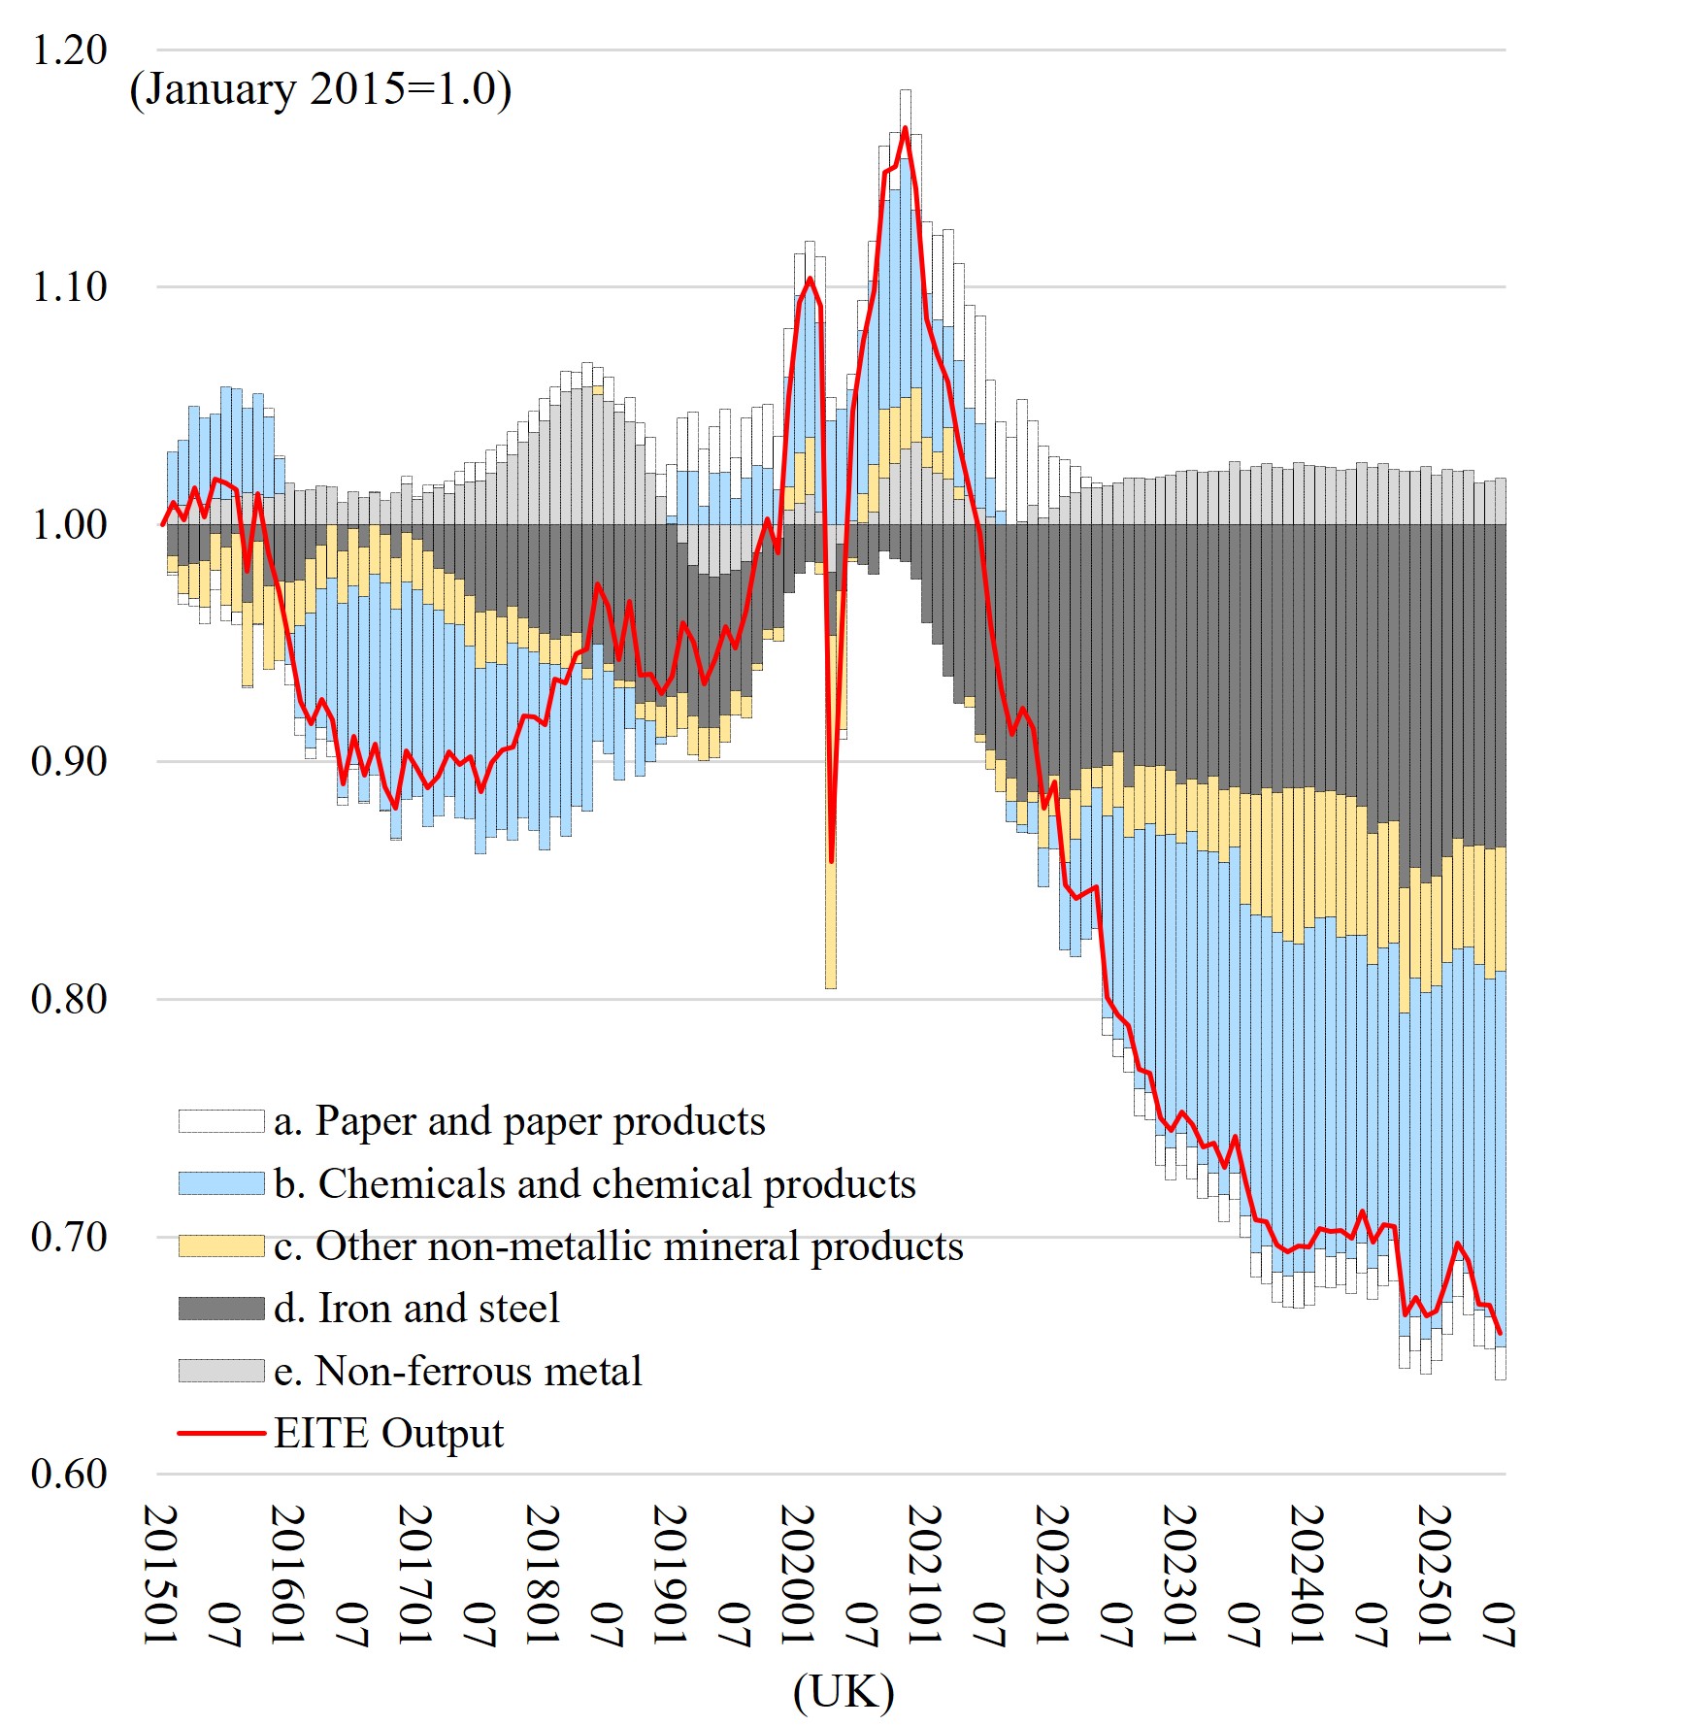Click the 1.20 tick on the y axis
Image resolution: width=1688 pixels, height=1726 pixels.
click(69, 50)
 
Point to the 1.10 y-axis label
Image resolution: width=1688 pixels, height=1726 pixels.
click(69, 287)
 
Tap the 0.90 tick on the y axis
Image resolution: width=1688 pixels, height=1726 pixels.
click(69, 762)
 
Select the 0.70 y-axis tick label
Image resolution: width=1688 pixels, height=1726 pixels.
click(69, 1237)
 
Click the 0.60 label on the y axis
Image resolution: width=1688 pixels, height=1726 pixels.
click(69, 1474)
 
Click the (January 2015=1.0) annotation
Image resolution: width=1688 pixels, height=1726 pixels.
click(320, 89)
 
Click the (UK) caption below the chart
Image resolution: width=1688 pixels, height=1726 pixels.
click(844, 1692)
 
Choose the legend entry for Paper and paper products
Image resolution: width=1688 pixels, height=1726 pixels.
click(519, 1121)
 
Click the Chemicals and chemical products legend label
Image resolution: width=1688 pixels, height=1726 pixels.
click(595, 1184)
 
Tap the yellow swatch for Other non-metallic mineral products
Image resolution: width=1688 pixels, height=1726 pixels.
click(221, 1246)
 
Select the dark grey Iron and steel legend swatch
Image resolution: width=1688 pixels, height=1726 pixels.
click(221, 1309)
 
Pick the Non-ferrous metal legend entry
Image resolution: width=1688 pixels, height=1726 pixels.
click(457, 1371)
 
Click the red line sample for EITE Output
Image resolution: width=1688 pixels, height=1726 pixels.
click(221, 1433)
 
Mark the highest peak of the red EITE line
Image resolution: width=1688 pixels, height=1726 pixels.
click(906, 128)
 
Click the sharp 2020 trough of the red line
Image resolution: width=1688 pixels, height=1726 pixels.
click(832, 860)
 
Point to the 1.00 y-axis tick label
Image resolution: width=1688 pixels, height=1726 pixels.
click(69, 524)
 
